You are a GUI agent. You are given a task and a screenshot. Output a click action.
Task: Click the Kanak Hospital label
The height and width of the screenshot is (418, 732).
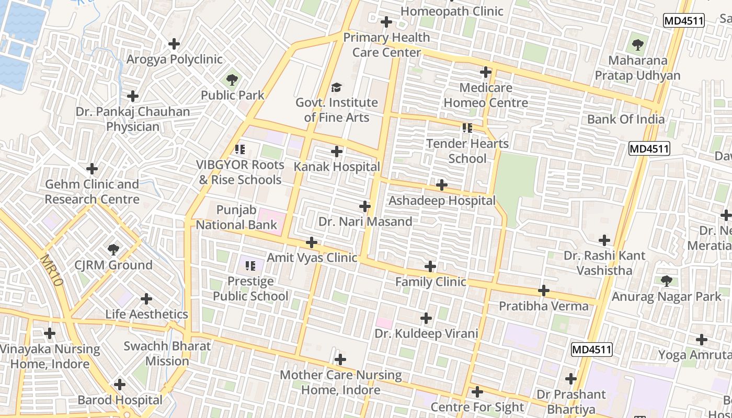pos(337,167)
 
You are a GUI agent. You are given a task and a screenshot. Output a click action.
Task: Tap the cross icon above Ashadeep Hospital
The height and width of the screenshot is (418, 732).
pos(442,185)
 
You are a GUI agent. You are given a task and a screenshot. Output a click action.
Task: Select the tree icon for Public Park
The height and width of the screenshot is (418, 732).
pos(232,80)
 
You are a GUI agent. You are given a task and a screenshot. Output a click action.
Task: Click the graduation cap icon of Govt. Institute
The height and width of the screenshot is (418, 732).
pos(336,87)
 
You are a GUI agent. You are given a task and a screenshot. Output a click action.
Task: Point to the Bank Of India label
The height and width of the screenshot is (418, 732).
pos(626,119)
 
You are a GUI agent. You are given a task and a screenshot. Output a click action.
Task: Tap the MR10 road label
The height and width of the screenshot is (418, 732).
pos(51,270)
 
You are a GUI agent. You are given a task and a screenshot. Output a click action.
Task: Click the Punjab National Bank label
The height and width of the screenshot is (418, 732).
pos(236,218)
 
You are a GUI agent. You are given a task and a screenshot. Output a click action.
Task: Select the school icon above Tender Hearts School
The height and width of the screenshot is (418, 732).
pos(467,128)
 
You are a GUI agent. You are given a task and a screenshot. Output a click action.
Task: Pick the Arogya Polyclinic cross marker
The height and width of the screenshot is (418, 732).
pos(174,44)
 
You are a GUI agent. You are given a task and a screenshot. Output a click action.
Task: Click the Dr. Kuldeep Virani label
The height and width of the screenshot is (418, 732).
pos(426,334)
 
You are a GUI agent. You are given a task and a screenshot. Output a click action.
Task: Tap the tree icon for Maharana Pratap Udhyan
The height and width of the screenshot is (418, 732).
pos(637,45)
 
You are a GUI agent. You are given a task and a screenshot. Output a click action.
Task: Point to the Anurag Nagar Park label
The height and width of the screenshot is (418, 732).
pos(666,297)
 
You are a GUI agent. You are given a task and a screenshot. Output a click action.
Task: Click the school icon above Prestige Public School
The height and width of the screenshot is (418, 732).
pos(250,266)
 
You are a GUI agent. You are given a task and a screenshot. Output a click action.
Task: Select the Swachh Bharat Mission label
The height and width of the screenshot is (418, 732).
pos(167,354)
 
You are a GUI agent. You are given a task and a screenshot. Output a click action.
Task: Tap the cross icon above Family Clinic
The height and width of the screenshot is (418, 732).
pos(430,267)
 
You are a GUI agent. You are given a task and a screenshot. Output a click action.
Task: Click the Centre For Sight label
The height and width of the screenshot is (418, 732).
pos(477,407)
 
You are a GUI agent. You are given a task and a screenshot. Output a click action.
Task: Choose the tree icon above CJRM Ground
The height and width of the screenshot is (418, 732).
pos(113,250)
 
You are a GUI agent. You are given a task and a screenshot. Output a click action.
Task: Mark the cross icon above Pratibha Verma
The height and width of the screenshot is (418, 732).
pos(544,291)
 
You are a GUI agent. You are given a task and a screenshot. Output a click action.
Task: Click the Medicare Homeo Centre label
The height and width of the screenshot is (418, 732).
pos(486,95)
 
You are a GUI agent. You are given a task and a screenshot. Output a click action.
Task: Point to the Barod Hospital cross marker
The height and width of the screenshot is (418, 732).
pos(120,385)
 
